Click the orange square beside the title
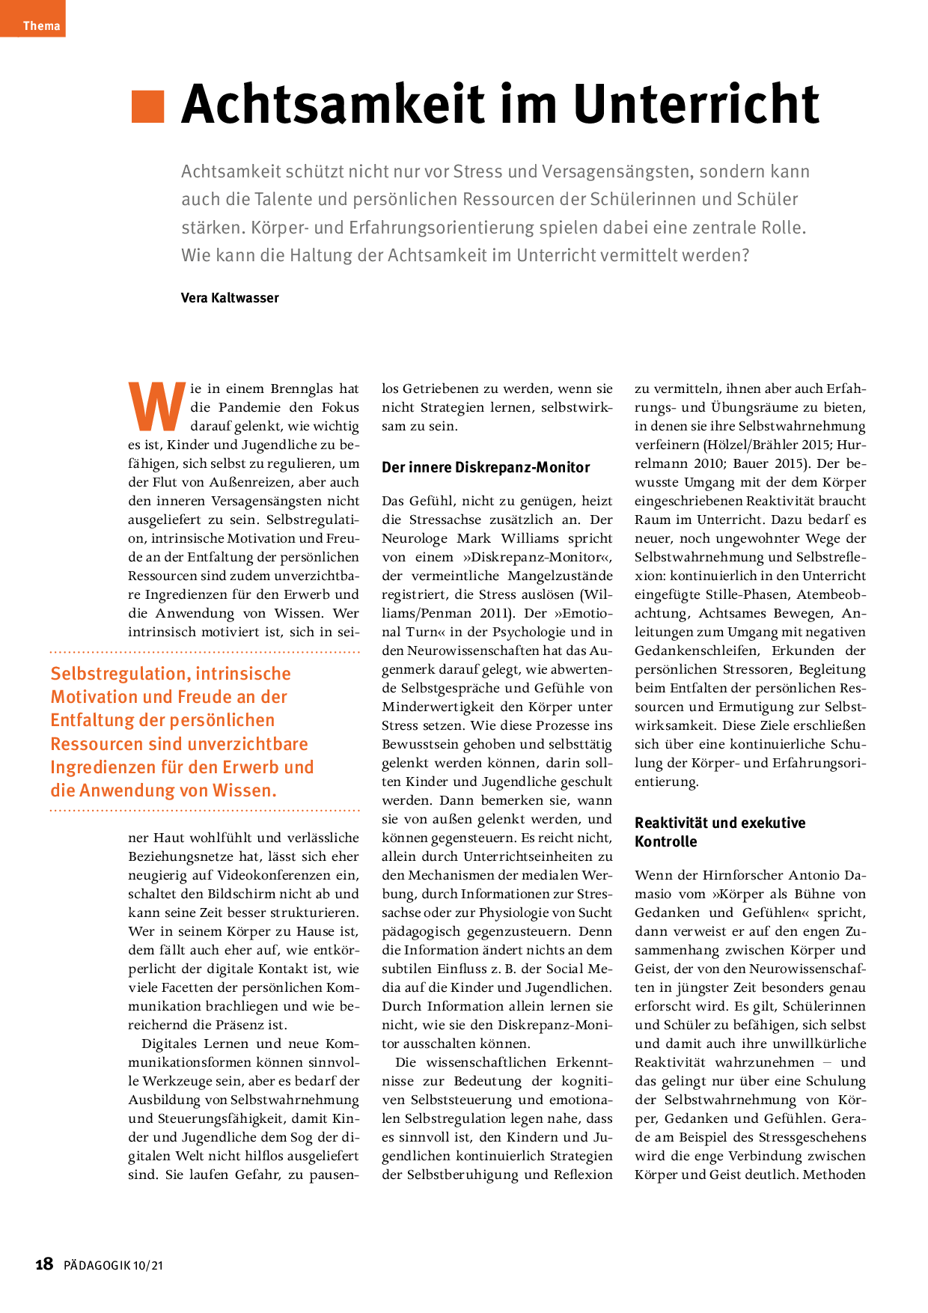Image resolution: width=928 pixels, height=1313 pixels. [147, 106]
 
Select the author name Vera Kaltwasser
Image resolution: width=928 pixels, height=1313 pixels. [230, 298]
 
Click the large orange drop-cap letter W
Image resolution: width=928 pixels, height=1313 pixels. [156, 407]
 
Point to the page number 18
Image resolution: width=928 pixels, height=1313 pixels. [44, 1264]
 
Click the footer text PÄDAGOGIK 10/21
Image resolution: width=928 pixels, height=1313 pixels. [113, 1266]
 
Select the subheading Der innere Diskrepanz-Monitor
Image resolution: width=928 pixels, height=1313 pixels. [486, 467]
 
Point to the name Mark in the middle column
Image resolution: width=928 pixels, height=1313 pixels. [474, 538]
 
